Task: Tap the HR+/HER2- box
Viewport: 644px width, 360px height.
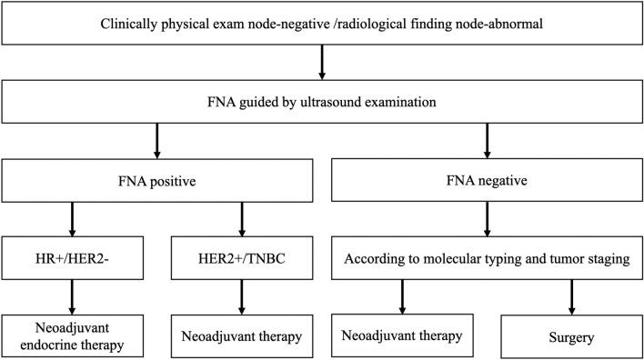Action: tap(71, 258)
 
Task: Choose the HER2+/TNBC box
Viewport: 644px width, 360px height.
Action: tap(241, 258)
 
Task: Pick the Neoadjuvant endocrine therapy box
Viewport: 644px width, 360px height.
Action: tap(71, 336)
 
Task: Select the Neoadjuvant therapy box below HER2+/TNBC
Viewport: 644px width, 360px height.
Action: tap(241, 336)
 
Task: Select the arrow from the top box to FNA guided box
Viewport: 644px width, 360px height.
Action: tap(322, 62)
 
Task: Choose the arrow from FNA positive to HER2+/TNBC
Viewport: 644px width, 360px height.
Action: tap(241, 218)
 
